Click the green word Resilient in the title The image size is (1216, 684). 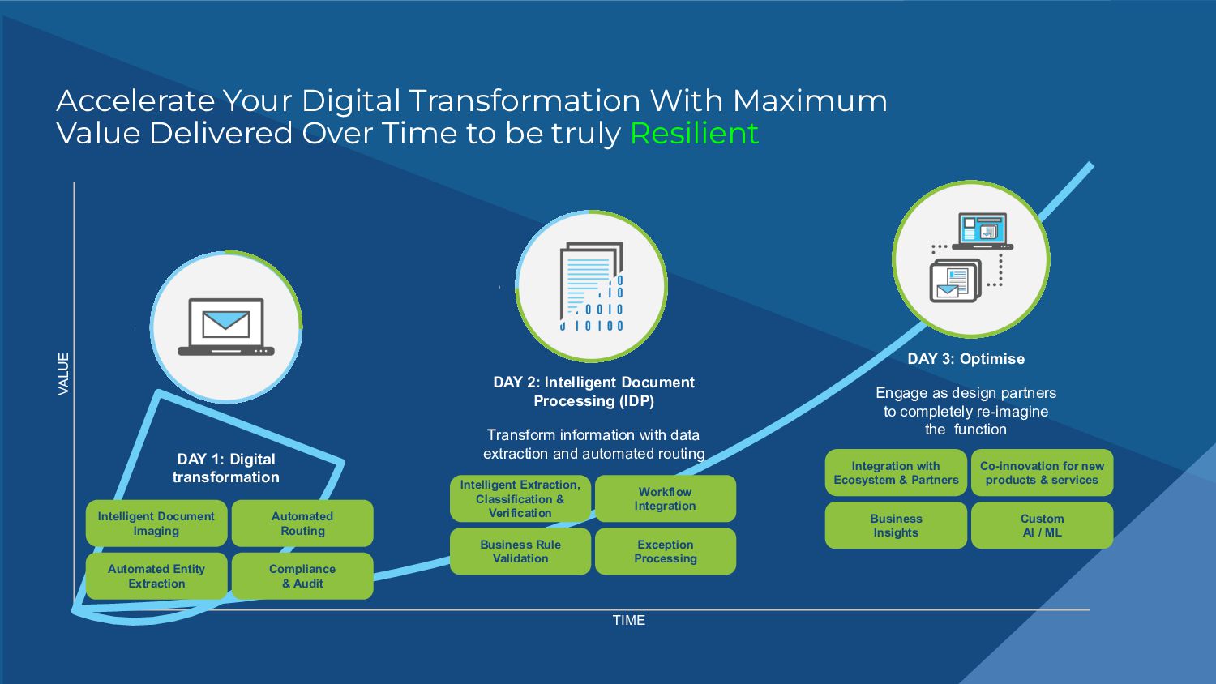694,133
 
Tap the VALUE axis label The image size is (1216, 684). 63,374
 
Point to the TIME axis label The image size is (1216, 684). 629,620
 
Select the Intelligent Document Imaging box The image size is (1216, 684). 156,524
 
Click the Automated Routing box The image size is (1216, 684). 302,524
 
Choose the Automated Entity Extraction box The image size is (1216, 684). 156,576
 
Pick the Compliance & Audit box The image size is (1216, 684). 302,576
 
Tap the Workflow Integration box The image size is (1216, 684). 666,498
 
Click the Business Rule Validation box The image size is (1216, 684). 520,551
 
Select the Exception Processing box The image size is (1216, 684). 666,551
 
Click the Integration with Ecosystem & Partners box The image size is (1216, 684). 896,472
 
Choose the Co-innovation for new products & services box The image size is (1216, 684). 1042,472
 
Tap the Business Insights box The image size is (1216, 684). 896,525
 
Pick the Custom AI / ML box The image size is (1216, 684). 1042,525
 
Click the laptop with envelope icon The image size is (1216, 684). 226,327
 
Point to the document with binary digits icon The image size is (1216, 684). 592,287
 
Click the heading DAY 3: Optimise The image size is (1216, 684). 966,359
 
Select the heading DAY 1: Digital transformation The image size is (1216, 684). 226,468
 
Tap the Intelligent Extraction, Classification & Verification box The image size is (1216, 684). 520,498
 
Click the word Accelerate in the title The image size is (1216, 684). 135,101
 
